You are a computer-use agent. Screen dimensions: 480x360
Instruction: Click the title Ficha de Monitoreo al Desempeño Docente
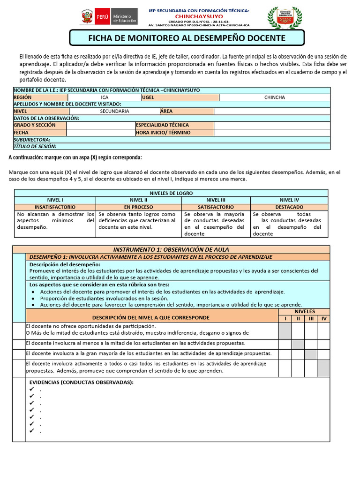[x=187, y=37]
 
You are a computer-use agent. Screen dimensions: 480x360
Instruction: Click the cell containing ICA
[x=105, y=97]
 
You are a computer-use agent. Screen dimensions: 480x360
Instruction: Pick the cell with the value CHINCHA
[x=274, y=97]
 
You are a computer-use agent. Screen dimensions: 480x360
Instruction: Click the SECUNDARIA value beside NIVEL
[x=114, y=112]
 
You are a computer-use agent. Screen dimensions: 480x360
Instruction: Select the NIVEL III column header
[x=216, y=200]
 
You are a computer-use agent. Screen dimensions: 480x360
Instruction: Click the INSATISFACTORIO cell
[x=55, y=207]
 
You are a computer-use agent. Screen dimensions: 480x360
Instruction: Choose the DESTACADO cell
[x=289, y=207]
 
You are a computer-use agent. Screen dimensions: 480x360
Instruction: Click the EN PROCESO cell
[x=138, y=207]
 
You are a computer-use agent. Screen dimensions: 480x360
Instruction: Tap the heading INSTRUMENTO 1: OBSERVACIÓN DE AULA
[x=171, y=249]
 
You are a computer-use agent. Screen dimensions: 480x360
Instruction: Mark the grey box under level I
[x=285, y=330]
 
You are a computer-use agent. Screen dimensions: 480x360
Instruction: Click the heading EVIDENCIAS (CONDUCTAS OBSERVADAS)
[x=82, y=382]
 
